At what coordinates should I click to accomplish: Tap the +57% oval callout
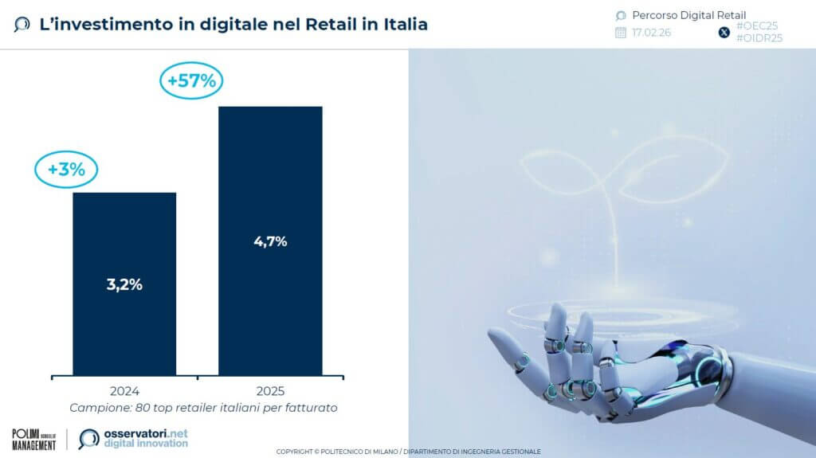click(191, 81)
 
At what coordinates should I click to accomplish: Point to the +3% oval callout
click(65, 169)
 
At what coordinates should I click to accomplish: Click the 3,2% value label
click(124, 284)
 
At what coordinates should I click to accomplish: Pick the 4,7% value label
click(269, 241)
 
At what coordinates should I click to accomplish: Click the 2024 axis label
click(124, 391)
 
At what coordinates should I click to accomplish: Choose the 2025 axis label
click(270, 391)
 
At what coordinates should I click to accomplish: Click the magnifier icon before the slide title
click(22, 25)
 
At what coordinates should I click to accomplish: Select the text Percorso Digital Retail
click(688, 15)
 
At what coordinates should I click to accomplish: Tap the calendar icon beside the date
click(621, 33)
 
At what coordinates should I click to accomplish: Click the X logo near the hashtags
click(724, 33)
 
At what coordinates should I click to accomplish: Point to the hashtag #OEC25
click(757, 26)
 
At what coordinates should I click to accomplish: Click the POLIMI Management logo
click(34, 439)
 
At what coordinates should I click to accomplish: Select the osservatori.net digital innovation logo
click(134, 438)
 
